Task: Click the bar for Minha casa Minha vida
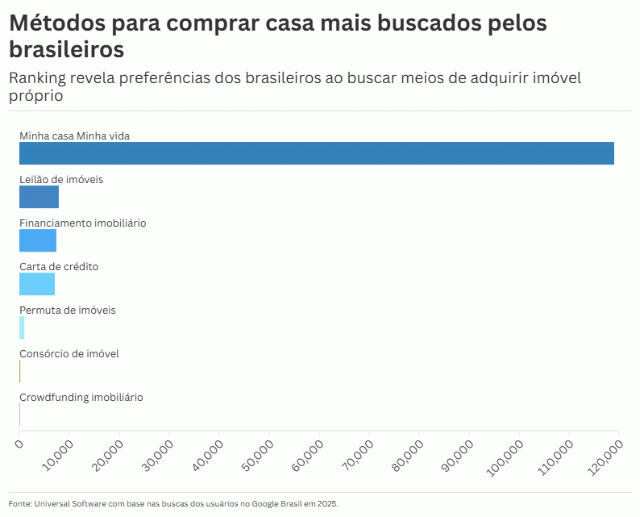[316, 153]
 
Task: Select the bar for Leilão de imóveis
[39, 197]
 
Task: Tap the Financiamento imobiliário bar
[38, 240]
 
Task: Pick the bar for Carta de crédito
[37, 284]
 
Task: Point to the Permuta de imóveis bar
[22, 327]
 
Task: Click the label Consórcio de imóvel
[69, 353]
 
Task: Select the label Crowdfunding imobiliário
[81, 397]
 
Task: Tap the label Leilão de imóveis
[61, 179]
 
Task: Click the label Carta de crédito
[59, 266]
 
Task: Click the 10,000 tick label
[57, 456]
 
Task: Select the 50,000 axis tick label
[257, 456]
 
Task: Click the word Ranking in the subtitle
[40, 78]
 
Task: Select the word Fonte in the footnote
[19, 503]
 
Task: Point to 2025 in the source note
[327, 503]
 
